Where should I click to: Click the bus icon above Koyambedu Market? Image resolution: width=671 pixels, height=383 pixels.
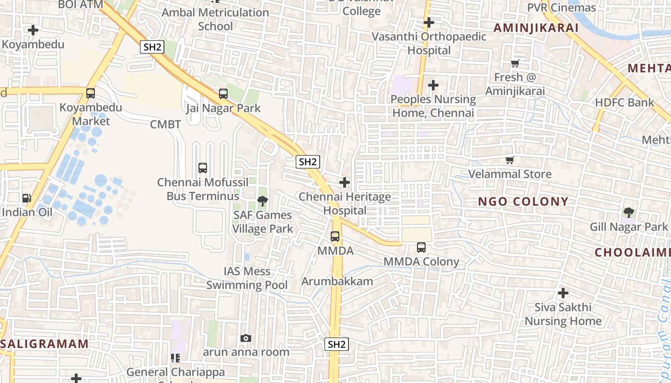pyautogui.click(x=91, y=93)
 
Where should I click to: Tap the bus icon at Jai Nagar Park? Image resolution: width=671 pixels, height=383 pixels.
pyautogui.click(x=223, y=94)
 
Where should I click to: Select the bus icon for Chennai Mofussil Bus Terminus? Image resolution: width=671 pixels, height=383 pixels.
pyautogui.click(x=203, y=168)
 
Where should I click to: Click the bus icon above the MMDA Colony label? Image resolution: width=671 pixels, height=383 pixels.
pyautogui.click(x=421, y=248)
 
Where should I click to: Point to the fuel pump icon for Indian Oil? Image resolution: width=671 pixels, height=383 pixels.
pyautogui.click(x=27, y=198)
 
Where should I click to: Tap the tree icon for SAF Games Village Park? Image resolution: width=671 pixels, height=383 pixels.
pyautogui.click(x=263, y=201)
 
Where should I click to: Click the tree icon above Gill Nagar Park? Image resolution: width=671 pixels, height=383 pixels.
pyautogui.click(x=629, y=212)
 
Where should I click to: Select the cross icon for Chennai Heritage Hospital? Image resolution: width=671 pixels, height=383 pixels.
pyautogui.click(x=345, y=182)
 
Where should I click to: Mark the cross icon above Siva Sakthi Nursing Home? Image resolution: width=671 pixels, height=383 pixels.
pyautogui.click(x=563, y=293)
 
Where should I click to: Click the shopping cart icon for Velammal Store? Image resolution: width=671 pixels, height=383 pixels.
pyautogui.click(x=510, y=160)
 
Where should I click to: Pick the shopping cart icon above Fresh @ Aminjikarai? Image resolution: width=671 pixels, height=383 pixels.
pyautogui.click(x=515, y=63)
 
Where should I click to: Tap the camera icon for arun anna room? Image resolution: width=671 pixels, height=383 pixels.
pyautogui.click(x=246, y=338)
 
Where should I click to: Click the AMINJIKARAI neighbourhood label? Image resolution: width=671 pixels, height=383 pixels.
pyautogui.click(x=536, y=28)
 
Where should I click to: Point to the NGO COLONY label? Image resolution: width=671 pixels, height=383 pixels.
pyautogui.click(x=523, y=202)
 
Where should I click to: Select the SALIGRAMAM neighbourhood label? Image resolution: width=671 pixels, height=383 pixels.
pyautogui.click(x=45, y=344)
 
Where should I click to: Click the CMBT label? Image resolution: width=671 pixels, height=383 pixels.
pyautogui.click(x=165, y=124)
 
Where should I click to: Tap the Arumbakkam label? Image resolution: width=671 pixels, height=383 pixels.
pyautogui.click(x=337, y=281)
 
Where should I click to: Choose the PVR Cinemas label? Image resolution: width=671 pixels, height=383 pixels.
pyautogui.click(x=561, y=8)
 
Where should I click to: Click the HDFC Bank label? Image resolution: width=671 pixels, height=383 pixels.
pyautogui.click(x=624, y=102)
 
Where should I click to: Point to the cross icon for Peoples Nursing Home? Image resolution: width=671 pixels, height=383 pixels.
pyautogui.click(x=433, y=85)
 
